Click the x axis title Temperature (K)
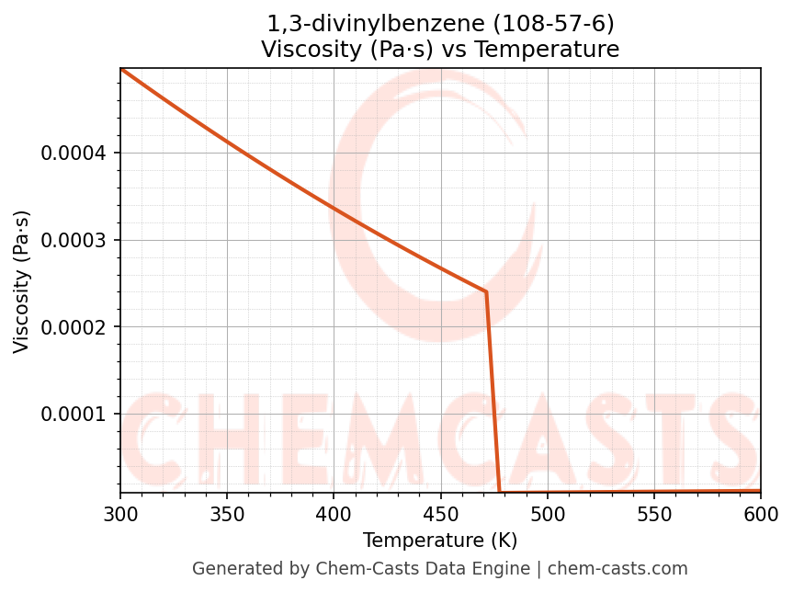440,541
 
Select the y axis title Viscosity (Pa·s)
22,281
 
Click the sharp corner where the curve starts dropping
486,292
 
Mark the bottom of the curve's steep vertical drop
500,492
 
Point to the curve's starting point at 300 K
121,69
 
